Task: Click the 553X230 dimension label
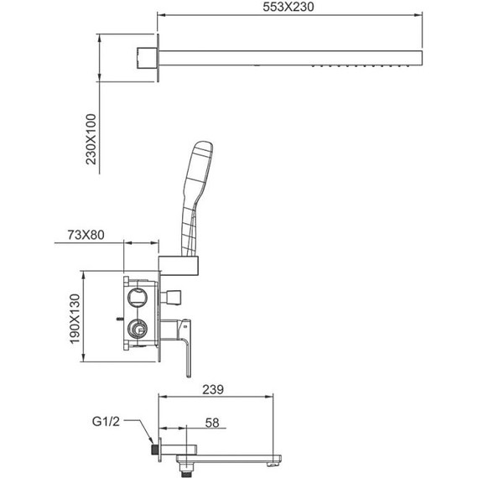coord(288,7)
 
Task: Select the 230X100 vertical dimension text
coord(91,139)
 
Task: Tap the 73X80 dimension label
coord(86,235)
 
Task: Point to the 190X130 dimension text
coord(75,319)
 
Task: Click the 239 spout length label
coord(213,389)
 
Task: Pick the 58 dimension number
coord(212,423)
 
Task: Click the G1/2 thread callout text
coord(106,422)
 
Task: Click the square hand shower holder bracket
coord(179,266)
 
